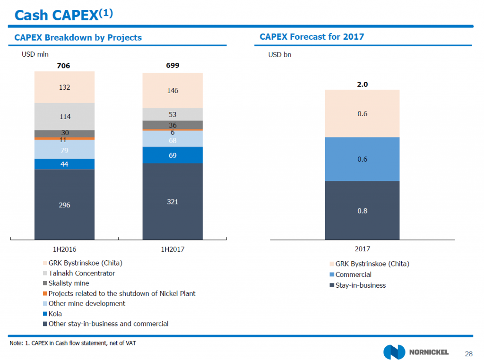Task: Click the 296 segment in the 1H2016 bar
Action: pyautogui.click(x=65, y=205)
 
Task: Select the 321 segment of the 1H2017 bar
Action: pyautogui.click(x=173, y=202)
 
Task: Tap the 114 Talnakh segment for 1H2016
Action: pyautogui.click(x=65, y=116)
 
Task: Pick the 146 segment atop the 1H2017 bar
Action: pyautogui.click(x=173, y=90)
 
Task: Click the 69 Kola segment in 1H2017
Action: pyautogui.click(x=173, y=155)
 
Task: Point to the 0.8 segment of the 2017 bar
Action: pyautogui.click(x=362, y=211)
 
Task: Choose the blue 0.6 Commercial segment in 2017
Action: pyautogui.click(x=362, y=159)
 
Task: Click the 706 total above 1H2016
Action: pyautogui.click(x=63, y=66)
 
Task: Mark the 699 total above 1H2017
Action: pyautogui.click(x=173, y=65)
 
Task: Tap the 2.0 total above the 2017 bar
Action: pyautogui.click(x=362, y=85)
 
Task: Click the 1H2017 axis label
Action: pyautogui.click(x=173, y=249)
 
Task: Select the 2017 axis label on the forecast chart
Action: pyautogui.click(x=362, y=249)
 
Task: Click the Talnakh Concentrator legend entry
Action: pyautogui.click(x=81, y=273)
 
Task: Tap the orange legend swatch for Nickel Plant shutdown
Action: pyautogui.click(x=45, y=294)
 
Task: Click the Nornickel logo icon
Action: pyautogui.click(x=394, y=352)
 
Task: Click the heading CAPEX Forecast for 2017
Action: pyautogui.click(x=312, y=37)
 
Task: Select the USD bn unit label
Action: pyautogui.click(x=280, y=55)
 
